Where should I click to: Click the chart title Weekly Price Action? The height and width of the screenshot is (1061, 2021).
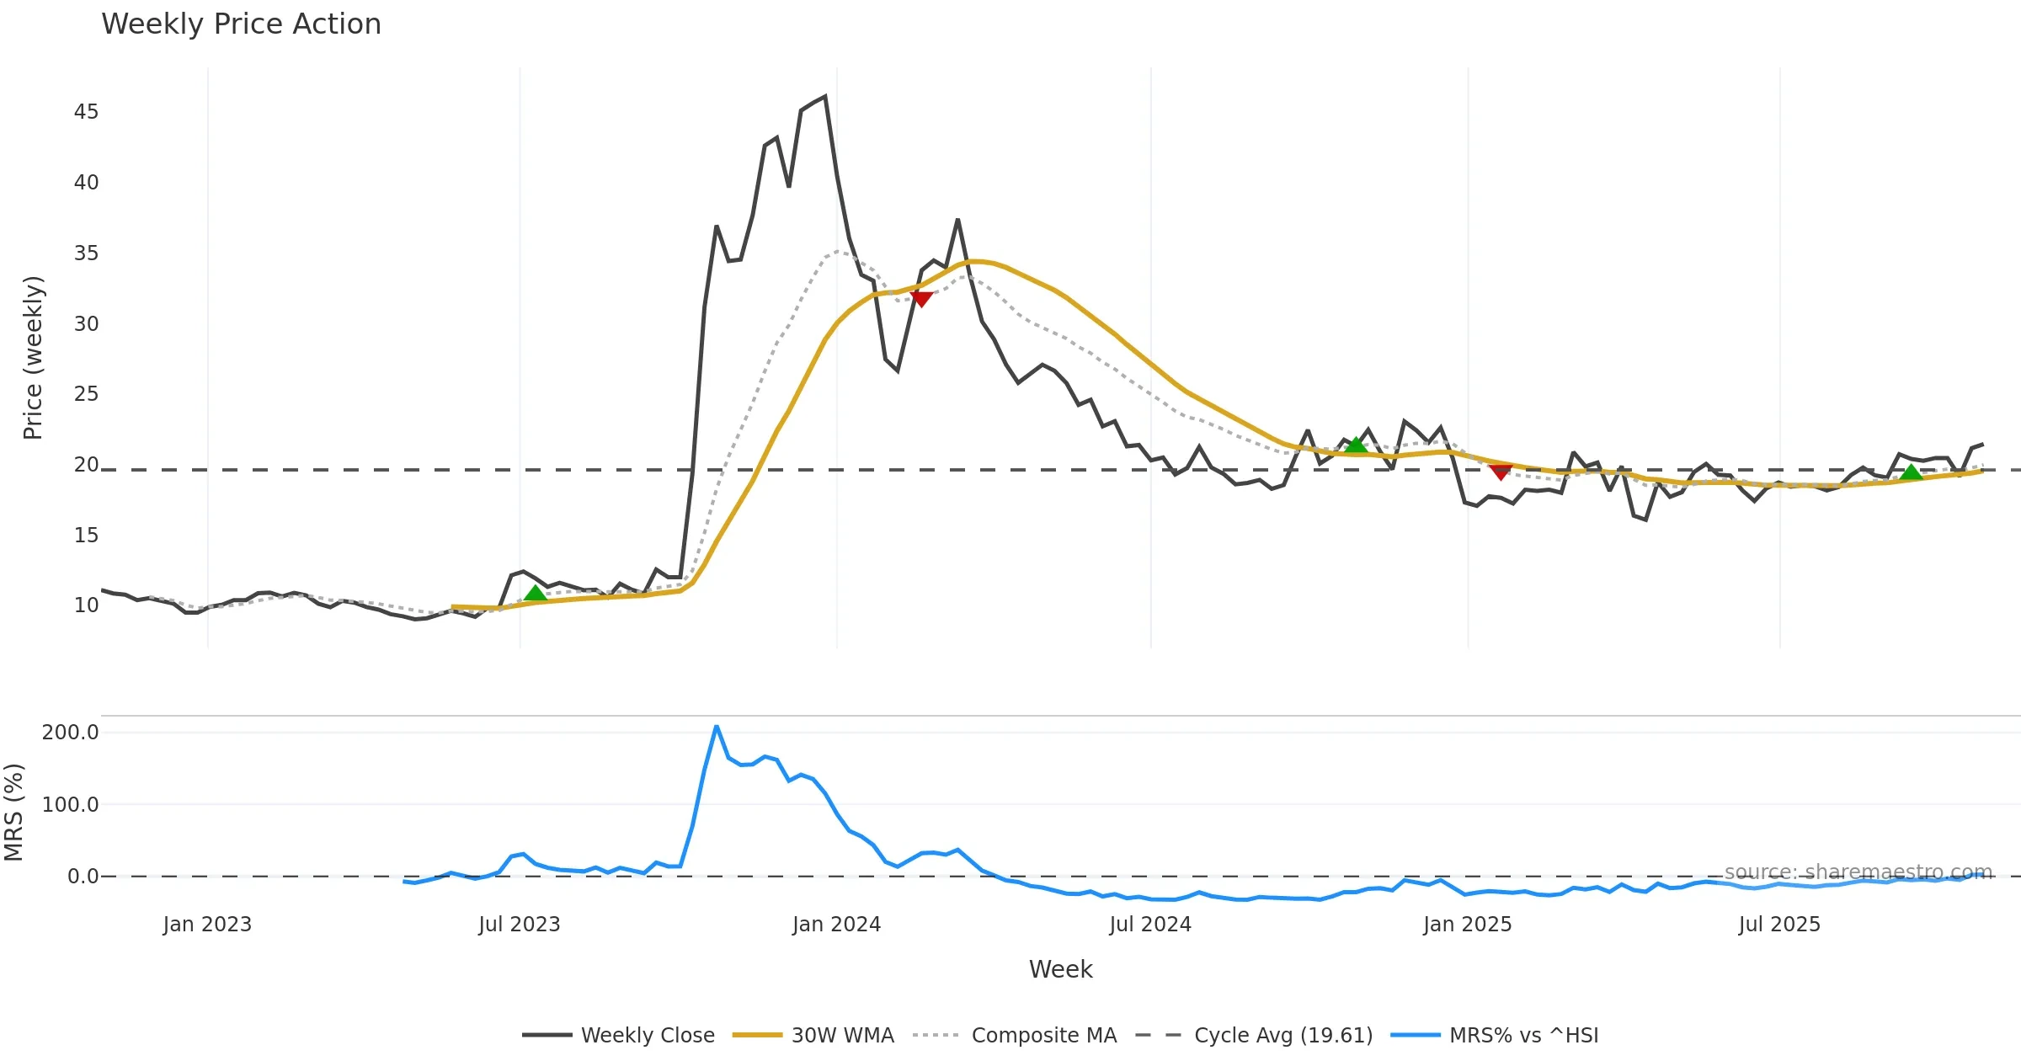click(241, 24)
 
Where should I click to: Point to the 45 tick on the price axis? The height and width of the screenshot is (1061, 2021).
click(86, 112)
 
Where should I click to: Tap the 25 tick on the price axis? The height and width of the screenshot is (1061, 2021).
click(86, 394)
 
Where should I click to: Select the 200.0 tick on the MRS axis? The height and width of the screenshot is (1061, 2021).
click(71, 733)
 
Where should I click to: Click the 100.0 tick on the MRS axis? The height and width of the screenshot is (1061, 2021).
click(71, 805)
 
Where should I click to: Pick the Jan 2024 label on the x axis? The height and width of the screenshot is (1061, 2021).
click(836, 925)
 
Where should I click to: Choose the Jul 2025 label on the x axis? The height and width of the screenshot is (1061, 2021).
click(1779, 925)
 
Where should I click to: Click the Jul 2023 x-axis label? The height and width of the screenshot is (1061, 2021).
click(520, 925)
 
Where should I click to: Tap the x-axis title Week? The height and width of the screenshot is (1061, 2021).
click(1060, 970)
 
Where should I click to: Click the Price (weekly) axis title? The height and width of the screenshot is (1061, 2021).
click(33, 358)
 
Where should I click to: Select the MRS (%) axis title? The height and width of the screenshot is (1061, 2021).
click(14, 813)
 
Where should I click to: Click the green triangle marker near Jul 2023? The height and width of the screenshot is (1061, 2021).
click(535, 594)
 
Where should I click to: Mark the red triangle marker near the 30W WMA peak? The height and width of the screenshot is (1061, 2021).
click(921, 299)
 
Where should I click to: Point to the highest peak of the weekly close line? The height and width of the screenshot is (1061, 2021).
click(825, 97)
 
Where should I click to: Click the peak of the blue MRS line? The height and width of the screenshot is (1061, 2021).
click(717, 726)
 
